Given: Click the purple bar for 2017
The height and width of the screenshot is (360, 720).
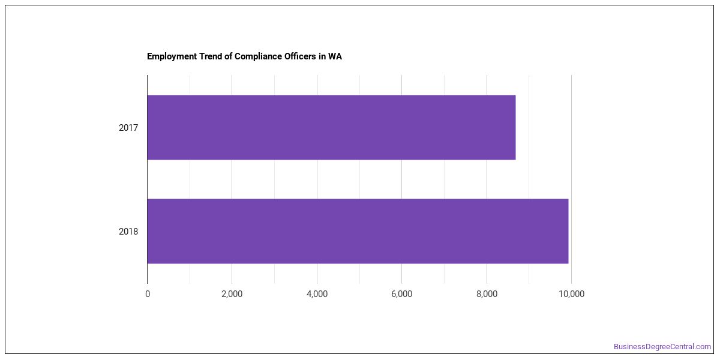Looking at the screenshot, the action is pyautogui.click(x=331, y=127).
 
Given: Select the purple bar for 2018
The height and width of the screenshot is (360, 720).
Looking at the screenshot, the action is pyautogui.click(x=358, y=231).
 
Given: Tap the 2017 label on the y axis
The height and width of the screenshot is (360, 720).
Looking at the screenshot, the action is pyautogui.click(x=128, y=128).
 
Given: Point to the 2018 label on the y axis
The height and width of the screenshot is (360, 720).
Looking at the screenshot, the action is pyautogui.click(x=128, y=232).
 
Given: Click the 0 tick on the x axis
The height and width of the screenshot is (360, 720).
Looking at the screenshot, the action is pyautogui.click(x=148, y=294).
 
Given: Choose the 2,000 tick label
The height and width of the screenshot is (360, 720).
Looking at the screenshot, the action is pyautogui.click(x=232, y=294).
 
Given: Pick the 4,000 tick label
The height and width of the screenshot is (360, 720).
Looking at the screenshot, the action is pyautogui.click(x=317, y=294).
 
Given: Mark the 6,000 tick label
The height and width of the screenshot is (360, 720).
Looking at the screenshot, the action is pyautogui.click(x=401, y=294).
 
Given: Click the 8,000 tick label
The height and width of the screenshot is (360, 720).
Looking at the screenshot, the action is pyautogui.click(x=487, y=294).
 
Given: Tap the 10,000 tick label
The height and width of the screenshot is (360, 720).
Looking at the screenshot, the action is pyautogui.click(x=571, y=294).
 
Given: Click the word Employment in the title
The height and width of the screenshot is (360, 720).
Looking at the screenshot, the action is pyautogui.click(x=172, y=56).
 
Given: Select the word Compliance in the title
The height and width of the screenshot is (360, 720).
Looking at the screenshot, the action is pyautogui.click(x=258, y=56).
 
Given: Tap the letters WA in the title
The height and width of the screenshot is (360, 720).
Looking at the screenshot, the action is pyautogui.click(x=335, y=56).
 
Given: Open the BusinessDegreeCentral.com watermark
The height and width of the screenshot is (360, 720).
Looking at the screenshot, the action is pyautogui.click(x=662, y=347).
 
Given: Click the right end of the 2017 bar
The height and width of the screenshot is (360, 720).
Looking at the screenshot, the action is pyautogui.click(x=515, y=127).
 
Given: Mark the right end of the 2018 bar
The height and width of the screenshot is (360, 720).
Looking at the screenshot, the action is pyautogui.click(x=568, y=231).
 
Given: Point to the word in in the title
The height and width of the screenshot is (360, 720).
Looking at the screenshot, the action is pyautogui.click(x=322, y=56).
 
